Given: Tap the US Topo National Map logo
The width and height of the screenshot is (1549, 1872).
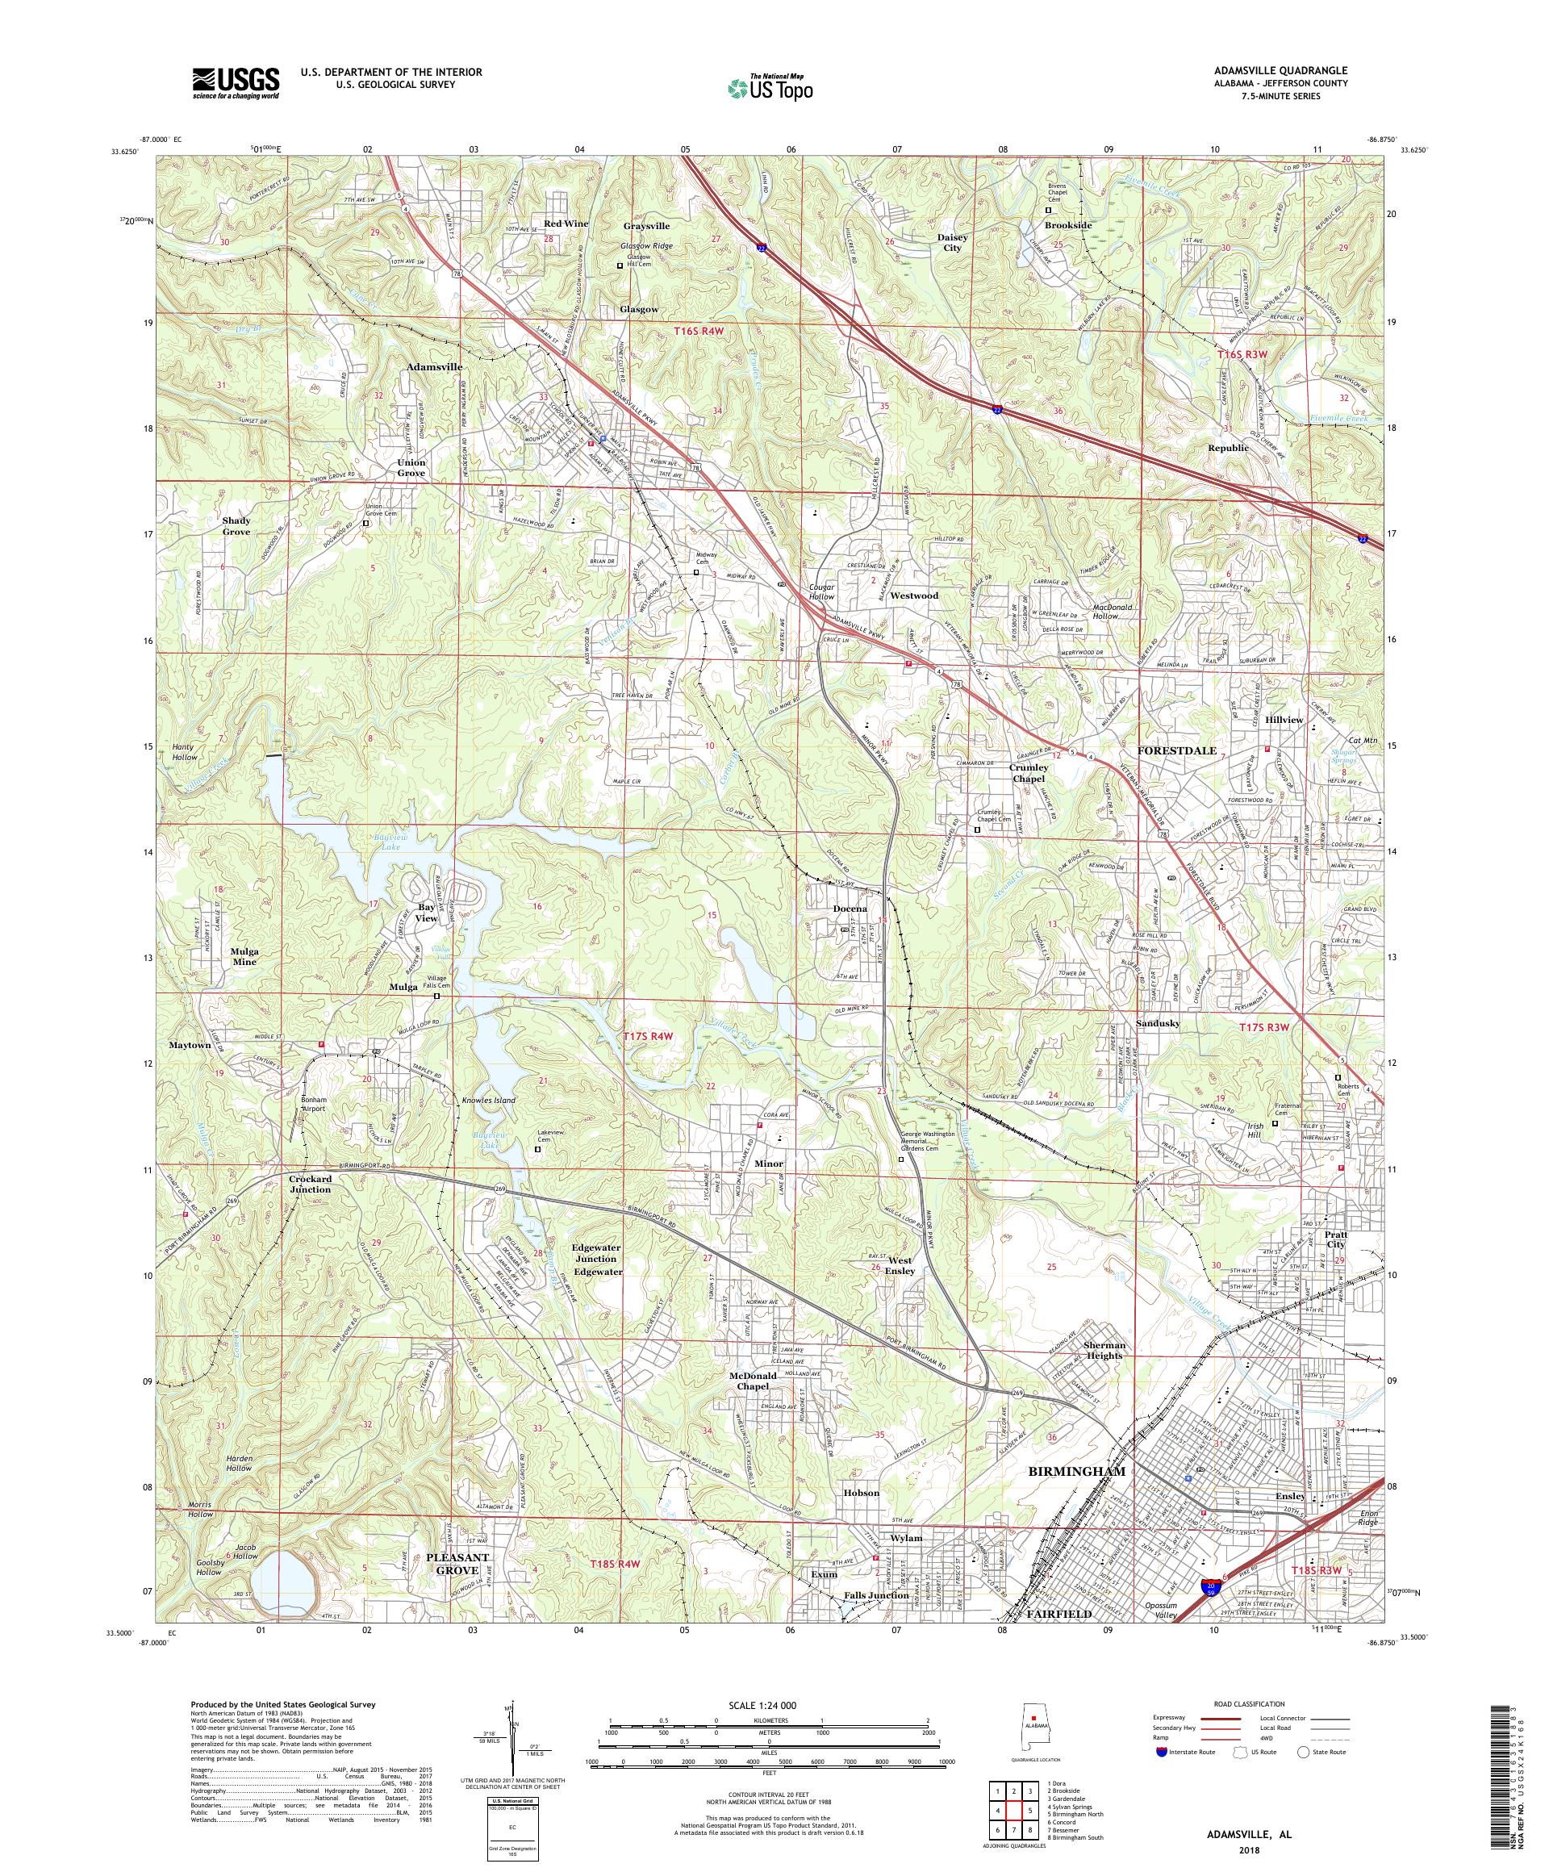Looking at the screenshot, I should [x=771, y=87].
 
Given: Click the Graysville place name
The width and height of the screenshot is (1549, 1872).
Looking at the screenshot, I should [x=646, y=227].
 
